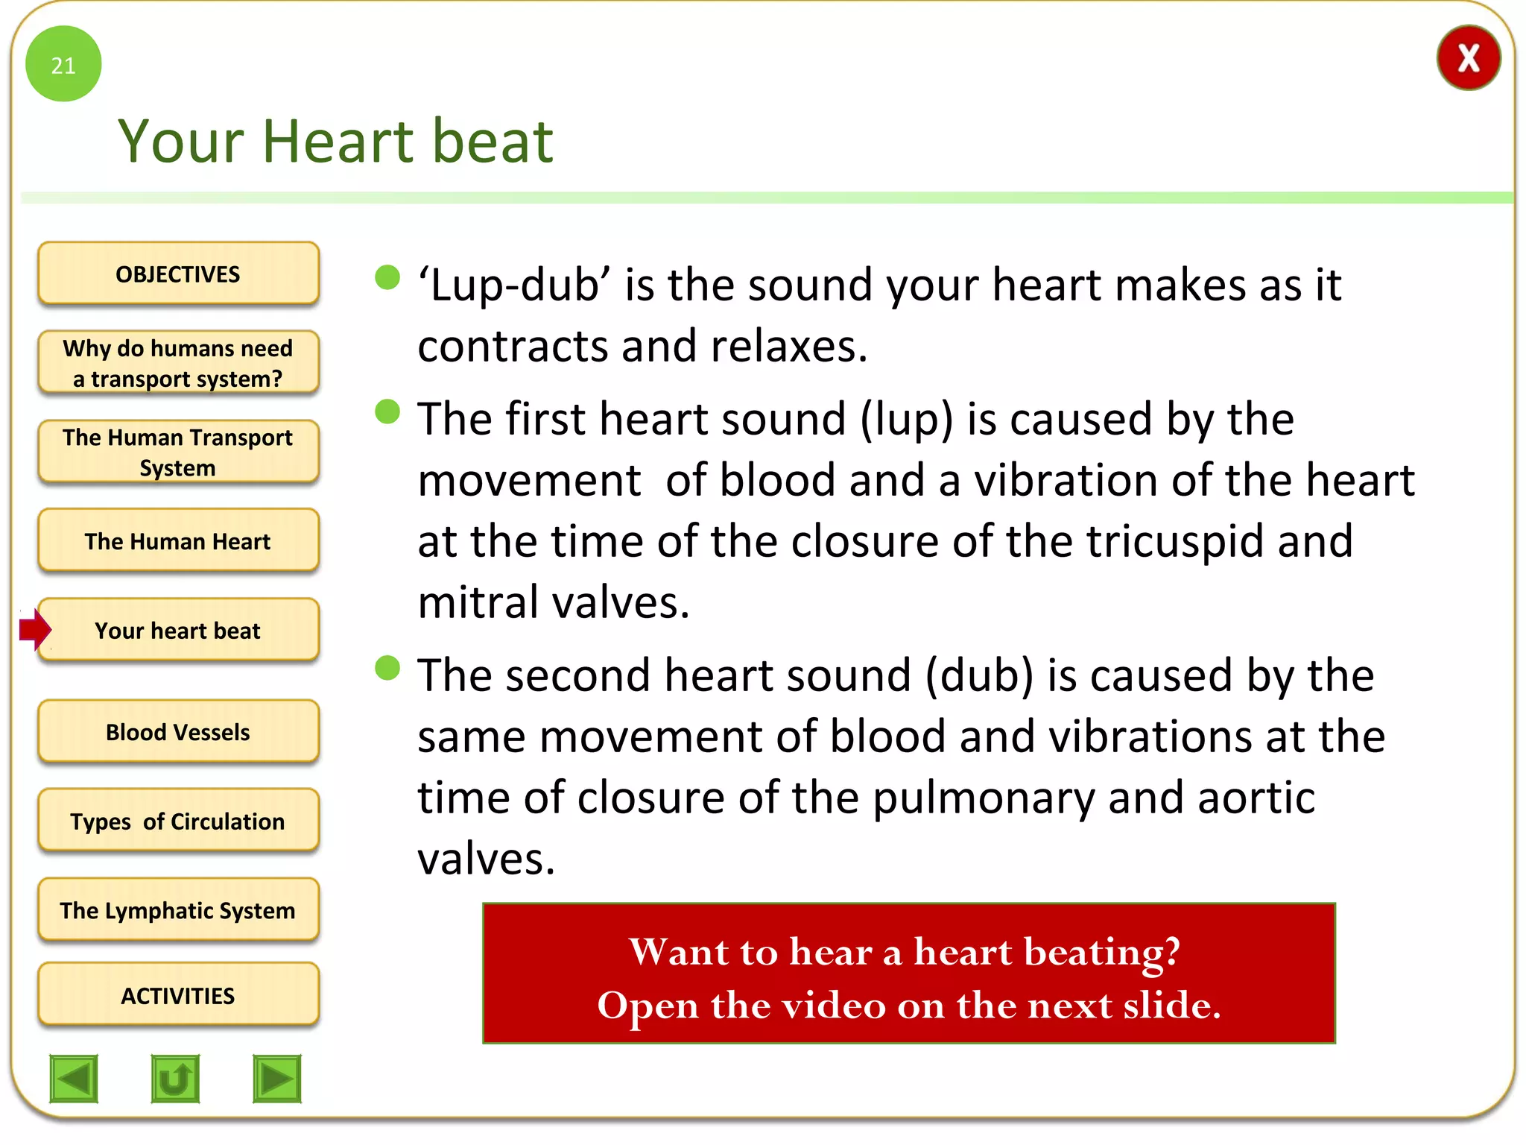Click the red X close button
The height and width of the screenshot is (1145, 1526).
(1468, 58)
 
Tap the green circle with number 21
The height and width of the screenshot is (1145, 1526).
(63, 64)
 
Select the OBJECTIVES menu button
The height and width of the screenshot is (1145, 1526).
(178, 274)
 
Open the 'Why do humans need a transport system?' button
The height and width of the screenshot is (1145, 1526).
(178, 363)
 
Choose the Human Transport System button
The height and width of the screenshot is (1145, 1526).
(178, 452)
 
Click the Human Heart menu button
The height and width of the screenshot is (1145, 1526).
(178, 541)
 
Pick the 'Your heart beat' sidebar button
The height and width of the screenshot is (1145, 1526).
(178, 631)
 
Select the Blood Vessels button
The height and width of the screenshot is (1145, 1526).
(178, 732)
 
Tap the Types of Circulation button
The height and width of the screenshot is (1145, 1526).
(178, 821)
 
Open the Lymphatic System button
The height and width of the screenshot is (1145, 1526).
(178, 910)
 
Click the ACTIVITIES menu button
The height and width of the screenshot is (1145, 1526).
(178, 995)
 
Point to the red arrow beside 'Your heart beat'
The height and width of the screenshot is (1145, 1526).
(34, 630)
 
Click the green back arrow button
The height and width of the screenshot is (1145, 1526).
(74, 1079)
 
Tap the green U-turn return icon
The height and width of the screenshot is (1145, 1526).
(175, 1079)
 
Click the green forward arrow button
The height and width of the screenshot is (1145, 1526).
(277, 1079)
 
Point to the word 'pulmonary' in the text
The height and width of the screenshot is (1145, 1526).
(984, 798)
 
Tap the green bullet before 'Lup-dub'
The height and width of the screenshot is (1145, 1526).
(387, 277)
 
